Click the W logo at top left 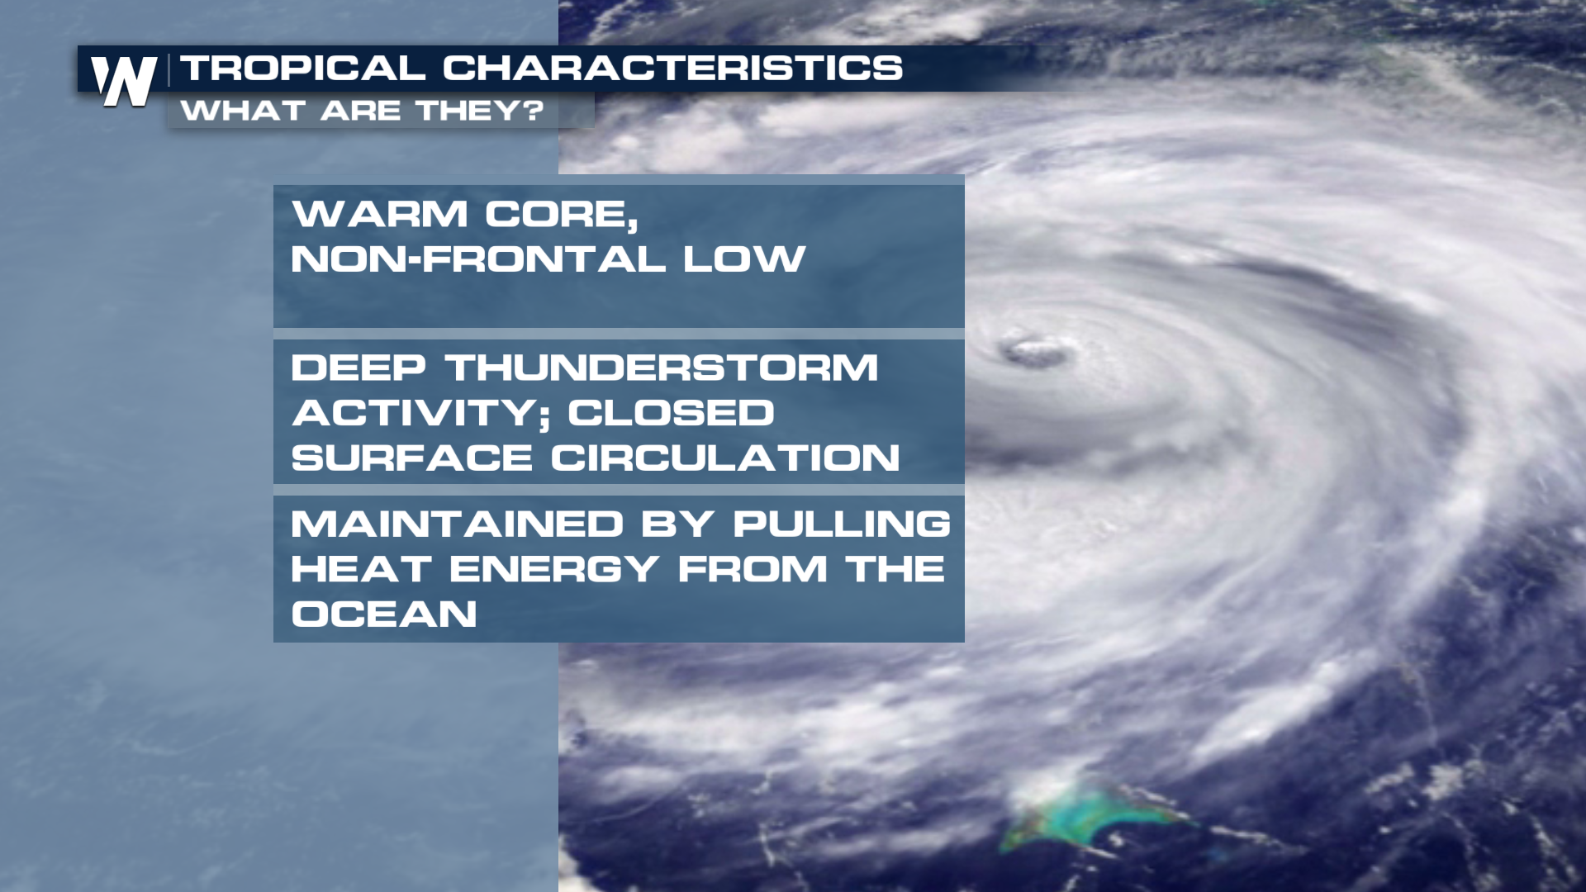coord(124,81)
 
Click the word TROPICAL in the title coord(303,69)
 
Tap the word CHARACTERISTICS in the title coord(672,69)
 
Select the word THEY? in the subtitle coord(480,111)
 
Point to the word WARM coord(379,214)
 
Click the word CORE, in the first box coord(562,216)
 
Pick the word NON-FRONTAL coord(478,259)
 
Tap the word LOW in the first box coord(744,259)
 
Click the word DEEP coord(359,368)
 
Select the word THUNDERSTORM coord(662,368)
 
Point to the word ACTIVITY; coord(420,414)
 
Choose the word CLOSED coord(671,413)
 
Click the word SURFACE coord(411,458)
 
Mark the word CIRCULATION coord(725,458)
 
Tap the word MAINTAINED coord(457,524)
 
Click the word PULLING coord(842,524)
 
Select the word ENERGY coord(554,569)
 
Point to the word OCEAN coord(384,614)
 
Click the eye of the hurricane coord(1033,352)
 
